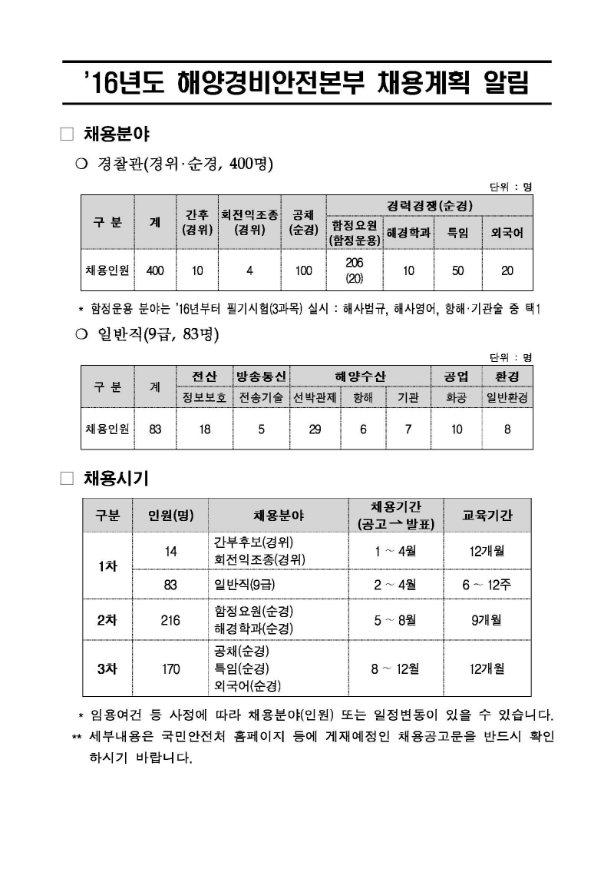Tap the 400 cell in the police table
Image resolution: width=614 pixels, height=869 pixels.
coord(155,270)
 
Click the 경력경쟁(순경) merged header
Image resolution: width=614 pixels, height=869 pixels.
coord(429,206)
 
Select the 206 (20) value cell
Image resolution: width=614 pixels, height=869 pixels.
coord(354,270)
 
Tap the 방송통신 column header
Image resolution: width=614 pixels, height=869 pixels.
coord(261,376)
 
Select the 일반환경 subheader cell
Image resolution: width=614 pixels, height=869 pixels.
coord(507,397)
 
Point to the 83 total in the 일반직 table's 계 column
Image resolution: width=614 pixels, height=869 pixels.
coord(155,430)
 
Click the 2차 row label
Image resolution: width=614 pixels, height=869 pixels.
coord(107,619)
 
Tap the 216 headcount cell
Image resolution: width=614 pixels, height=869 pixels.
coord(170,619)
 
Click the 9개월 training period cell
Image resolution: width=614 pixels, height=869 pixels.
coord(487,619)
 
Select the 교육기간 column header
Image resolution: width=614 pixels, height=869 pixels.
coord(487,515)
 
